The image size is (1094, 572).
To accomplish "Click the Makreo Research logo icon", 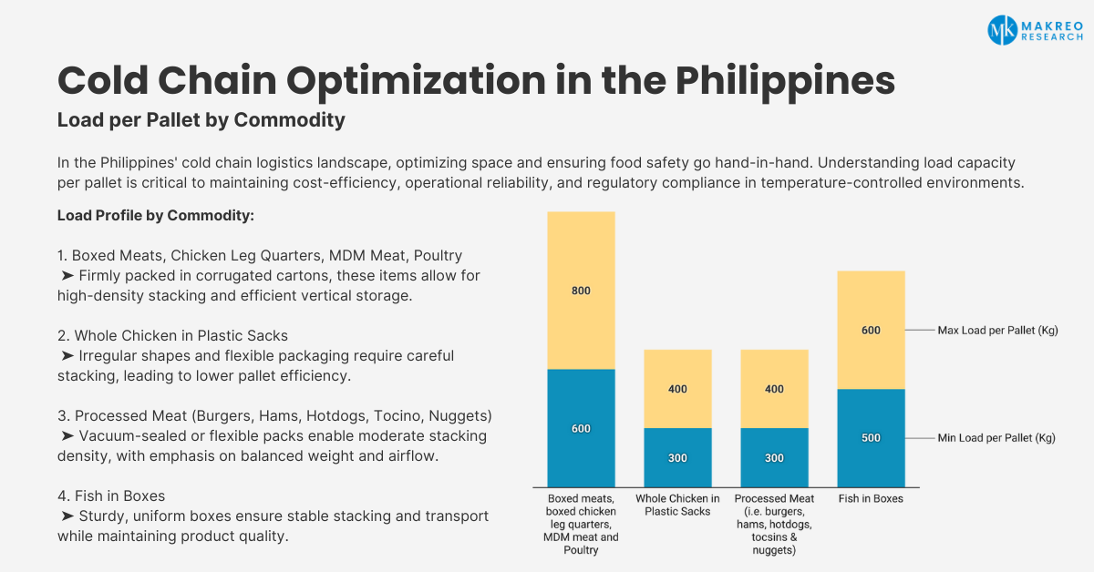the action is (1002, 30).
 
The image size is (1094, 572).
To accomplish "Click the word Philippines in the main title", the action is (785, 81).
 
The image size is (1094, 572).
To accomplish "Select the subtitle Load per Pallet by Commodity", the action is (201, 120).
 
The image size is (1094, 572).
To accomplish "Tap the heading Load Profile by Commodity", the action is (156, 215).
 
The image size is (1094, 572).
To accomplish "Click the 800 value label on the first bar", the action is (581, 291).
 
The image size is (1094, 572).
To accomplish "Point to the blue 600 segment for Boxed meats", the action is (582, 428).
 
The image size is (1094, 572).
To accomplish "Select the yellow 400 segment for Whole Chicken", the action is (678, 389).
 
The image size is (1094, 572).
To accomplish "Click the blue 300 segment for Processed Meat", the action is (775, 458).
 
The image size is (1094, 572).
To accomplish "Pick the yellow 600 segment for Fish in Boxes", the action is (872, 330).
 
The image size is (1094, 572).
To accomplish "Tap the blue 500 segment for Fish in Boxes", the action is (872, 438).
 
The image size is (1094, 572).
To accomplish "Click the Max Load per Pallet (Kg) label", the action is (997, 331).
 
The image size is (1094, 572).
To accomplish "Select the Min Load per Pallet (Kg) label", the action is (996, 438).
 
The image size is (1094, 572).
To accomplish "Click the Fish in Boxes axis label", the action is (871, 499).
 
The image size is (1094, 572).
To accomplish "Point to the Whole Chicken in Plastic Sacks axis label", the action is (677, 506).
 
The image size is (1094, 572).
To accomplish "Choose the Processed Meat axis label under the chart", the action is (774, 524).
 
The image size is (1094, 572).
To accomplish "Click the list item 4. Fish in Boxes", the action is (111, 495).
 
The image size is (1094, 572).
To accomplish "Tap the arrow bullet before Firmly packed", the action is (67, 276).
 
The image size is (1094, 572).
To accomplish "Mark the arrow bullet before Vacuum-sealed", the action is (67, 436).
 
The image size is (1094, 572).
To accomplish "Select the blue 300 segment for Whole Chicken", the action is (678, 458).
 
